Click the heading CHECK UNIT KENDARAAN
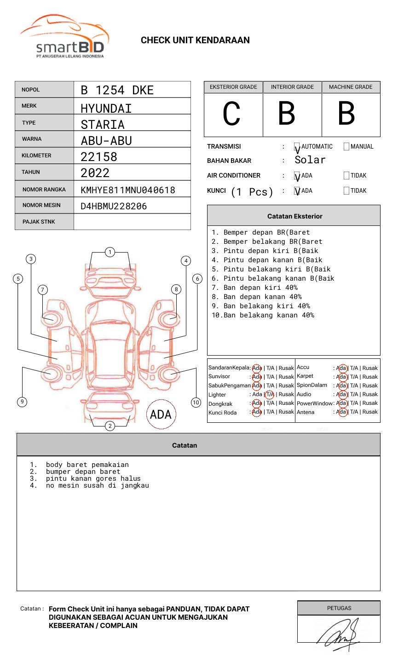[x=195, y=40]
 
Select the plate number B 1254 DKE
[x=117, y=90]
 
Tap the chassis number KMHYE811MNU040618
[x=128, y=190]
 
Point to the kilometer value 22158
[x=99, y=157]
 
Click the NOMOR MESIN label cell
[x=44, y=205]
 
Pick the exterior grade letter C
[x=231, y=114]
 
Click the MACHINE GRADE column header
[x=351, y=87]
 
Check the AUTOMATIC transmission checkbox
[x=297, y=147]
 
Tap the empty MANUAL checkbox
[x=346, y=147]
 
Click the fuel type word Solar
[x=310, y=160]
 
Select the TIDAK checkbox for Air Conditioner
[x=346, y=176]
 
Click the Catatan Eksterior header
[x=294, y=216]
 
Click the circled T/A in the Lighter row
[x=270, y=394]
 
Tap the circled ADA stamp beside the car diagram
[x=161, y=415]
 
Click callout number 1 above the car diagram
[x=110, y=252]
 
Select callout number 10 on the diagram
[x=196, y=403]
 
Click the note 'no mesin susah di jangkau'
[x=97, y=485]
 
